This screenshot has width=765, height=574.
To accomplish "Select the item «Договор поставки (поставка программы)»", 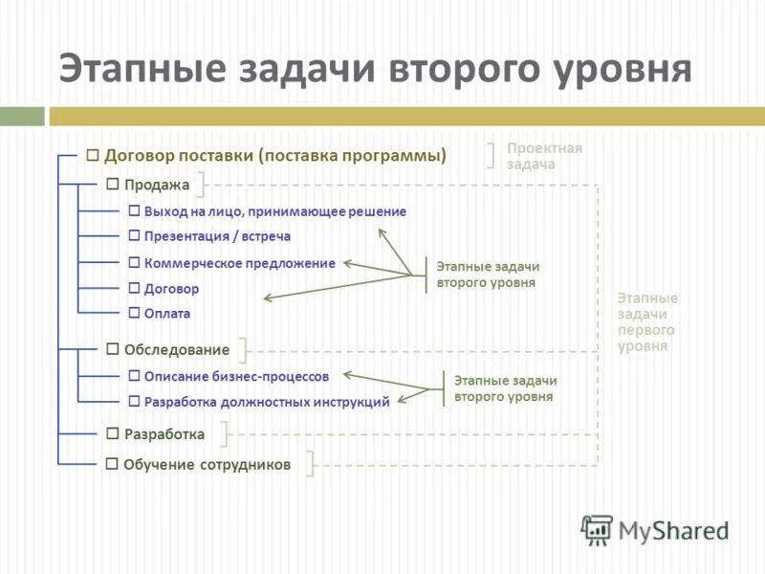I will (275, 155).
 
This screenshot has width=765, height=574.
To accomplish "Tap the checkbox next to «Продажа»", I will (113, 184).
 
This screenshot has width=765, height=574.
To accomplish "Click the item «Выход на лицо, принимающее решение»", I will (274, 211).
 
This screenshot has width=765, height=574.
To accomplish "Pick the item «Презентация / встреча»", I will (217, 236).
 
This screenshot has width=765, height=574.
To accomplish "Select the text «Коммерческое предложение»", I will (239, 263).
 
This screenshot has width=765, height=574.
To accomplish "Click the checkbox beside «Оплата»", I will (135, 313).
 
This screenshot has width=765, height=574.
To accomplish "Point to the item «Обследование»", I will (177, 350).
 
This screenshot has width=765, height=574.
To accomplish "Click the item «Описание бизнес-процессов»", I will (236, 377).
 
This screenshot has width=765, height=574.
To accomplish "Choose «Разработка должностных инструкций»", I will (267, 402).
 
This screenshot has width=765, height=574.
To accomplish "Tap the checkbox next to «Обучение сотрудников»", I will (113, 464).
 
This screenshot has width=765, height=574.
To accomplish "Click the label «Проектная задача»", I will (543, 156).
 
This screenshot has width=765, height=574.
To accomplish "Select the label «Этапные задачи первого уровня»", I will (647, 321).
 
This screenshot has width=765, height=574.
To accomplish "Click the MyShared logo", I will (655, 529).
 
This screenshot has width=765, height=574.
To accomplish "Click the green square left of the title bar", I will (22, 116).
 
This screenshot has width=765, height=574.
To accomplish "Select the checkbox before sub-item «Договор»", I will (135, 288).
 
